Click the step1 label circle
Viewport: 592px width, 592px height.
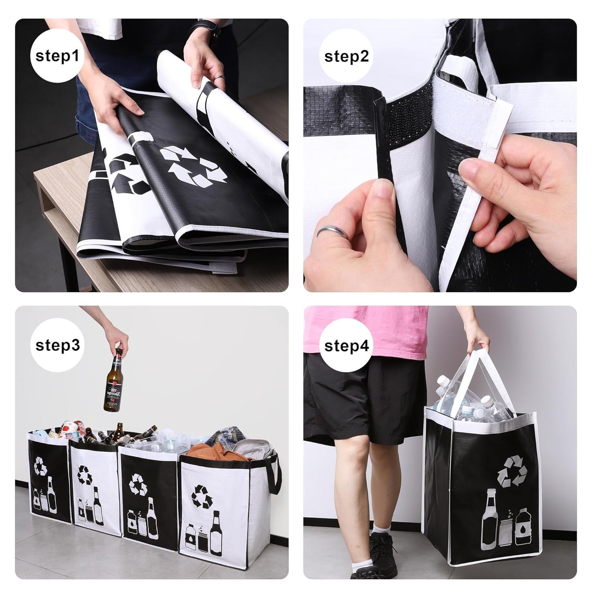tap(57, 56)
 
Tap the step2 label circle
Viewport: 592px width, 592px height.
tap(346, 56)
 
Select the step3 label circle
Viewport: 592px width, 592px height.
tap(57, 345)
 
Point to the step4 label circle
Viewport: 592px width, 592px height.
tap(346, 345)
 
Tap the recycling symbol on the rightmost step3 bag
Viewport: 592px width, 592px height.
tap(202, 497)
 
